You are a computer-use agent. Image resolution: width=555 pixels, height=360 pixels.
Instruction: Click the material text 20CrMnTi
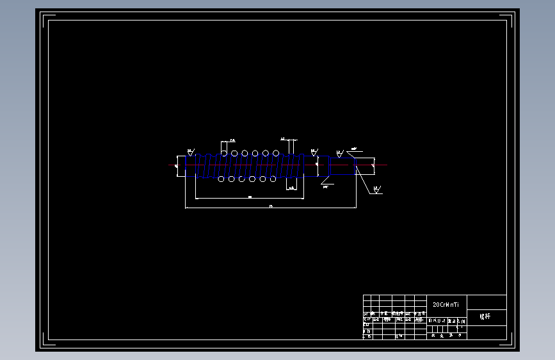point(446,304)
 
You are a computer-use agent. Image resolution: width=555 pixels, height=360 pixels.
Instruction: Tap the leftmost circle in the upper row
point(224,153)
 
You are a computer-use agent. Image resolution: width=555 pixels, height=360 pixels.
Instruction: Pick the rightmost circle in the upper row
point(276,153)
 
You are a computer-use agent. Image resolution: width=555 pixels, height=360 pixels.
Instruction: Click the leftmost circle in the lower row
point(221,179)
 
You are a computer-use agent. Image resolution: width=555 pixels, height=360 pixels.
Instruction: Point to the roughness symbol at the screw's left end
point(190,152)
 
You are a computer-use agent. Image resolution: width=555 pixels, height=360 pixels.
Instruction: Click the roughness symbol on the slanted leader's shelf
point(377,190)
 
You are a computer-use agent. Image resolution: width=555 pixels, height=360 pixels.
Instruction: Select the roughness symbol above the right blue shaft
point(339,153)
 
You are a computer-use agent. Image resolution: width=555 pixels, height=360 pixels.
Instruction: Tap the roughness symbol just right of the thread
point(314,153)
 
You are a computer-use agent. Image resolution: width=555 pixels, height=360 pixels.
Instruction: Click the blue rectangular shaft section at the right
point(343,166)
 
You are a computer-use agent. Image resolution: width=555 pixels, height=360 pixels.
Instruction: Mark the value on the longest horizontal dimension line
point(271,206)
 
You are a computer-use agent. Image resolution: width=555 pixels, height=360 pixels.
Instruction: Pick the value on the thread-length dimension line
point(250,197)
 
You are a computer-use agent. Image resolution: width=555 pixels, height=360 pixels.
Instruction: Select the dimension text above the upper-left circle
point(232,139)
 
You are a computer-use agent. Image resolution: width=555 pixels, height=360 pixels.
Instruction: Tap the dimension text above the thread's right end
point(282,138)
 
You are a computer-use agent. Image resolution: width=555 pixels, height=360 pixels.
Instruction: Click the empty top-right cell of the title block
point(487,302)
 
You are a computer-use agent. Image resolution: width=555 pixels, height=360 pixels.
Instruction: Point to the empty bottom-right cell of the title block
point(487,332)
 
